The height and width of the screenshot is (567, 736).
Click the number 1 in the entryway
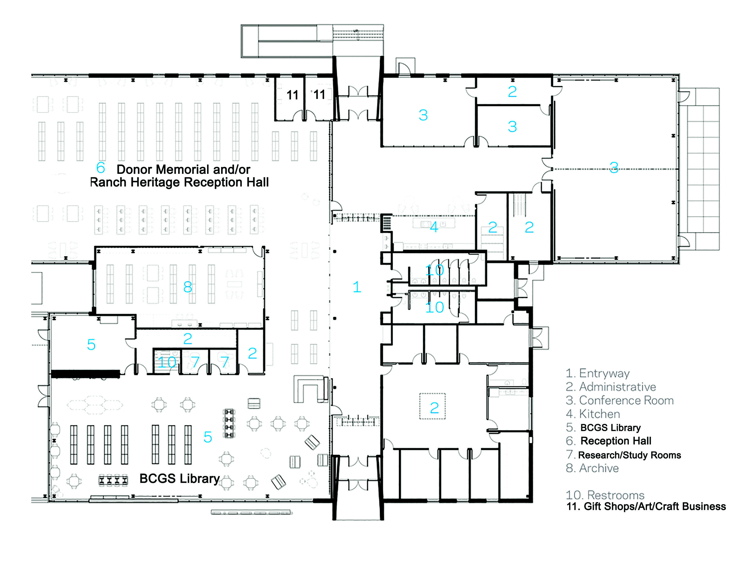click(357, 287)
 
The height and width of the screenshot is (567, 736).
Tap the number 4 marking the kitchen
click(434, 227)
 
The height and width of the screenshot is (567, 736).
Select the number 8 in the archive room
click(188, 287)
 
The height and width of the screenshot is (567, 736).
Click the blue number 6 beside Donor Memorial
click(100, 168)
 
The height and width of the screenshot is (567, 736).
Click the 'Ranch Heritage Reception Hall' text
click(179, 182)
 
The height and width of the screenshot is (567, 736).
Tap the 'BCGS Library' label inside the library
click(180, 478)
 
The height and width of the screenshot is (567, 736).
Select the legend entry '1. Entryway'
click(597, 373)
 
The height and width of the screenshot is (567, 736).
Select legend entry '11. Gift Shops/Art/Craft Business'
click(646, 506)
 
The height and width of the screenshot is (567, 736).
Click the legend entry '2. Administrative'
click(611, 387)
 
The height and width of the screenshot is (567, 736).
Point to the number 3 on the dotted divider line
click(614, 167)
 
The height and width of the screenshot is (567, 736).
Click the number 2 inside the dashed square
click(434, 408)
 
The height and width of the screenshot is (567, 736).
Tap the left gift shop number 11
click(292, 95)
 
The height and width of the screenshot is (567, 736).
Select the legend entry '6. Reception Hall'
click(609, 441)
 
